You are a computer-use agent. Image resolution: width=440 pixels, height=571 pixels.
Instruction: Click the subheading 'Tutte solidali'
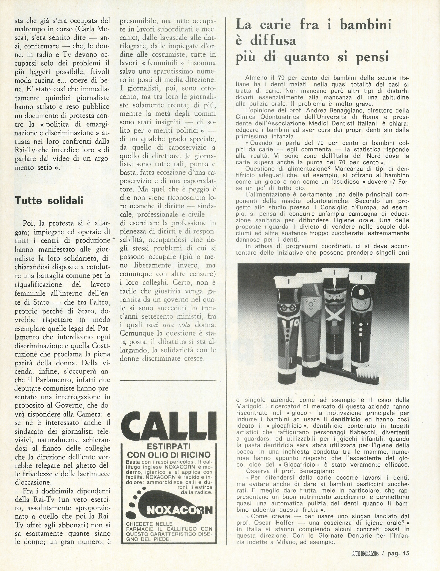click(49, 201)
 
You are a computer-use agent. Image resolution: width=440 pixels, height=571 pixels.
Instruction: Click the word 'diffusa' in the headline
click(266, 41)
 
